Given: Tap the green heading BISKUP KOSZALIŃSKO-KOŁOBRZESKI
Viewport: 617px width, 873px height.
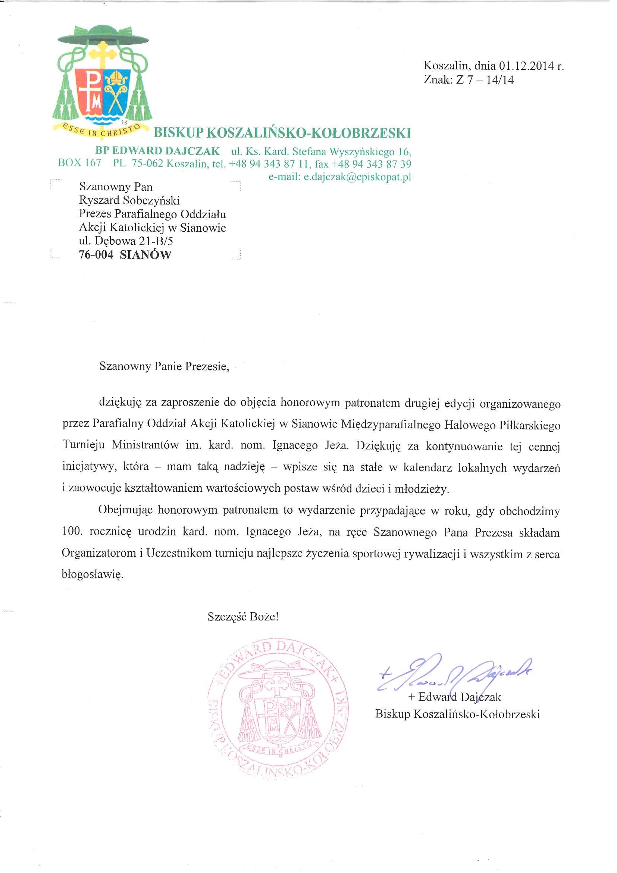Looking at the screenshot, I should pos(282,133).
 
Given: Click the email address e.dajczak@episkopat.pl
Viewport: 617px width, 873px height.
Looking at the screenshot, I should pos(357,177).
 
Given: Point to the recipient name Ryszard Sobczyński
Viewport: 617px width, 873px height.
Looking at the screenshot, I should pos(129,200).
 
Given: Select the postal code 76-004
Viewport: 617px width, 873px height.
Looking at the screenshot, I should pos(96,255).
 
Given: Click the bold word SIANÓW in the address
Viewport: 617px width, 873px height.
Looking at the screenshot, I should pos(145,255).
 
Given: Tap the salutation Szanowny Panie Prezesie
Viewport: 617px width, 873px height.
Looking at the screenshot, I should pos(164,366).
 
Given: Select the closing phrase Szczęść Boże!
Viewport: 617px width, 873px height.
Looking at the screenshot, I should pos(243,617).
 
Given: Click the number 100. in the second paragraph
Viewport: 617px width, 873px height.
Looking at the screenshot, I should pos(72,531).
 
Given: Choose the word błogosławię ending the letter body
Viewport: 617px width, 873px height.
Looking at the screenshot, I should pos(93,574).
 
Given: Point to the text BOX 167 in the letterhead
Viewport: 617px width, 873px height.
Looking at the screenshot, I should pos(79,163).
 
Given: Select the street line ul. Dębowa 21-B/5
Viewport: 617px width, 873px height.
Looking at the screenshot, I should pos(126,241).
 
